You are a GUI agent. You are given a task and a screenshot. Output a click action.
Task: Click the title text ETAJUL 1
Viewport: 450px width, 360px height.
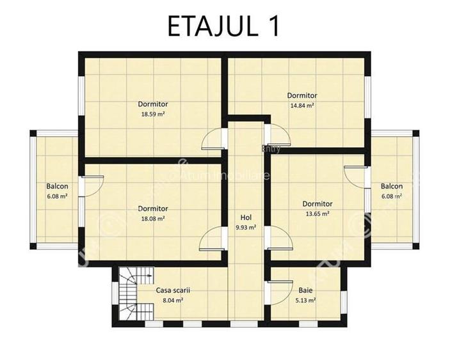pyautogui.click(x=223, y=26)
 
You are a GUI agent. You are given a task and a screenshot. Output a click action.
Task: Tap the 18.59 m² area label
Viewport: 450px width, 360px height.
pyautogui.click(x=153, y=114)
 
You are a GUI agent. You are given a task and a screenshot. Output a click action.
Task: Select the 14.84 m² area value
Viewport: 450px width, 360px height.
pyautogui.click(x=301, y=106)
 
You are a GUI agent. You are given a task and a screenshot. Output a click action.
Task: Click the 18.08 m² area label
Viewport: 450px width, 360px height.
pyautogui.click(x=153, y=218)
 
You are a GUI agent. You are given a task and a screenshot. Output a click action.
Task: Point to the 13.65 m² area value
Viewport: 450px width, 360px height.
pyautogui.click(x=317, y=214)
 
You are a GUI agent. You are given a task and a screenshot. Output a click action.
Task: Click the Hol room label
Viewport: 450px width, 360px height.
pyautogui.click(x=246, y=217)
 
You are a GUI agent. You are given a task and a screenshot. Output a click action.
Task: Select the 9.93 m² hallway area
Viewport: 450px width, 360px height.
pyautogui.click(x=246, y=227)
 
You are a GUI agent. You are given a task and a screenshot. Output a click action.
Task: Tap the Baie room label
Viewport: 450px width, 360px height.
pyautogui.click(x=305, y=290)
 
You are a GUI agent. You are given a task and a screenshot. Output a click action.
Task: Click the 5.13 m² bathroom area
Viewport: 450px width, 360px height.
pyautogui.click(x=305, y=299)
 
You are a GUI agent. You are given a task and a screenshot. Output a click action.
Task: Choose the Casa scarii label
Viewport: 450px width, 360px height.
pyautogui.click(x=173, y=290)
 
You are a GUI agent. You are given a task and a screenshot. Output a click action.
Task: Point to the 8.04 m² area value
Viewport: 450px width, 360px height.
pyautogui.click(x=173, y=299)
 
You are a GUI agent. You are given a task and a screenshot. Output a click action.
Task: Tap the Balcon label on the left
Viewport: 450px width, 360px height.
pyautogui.click(x=57, y=187)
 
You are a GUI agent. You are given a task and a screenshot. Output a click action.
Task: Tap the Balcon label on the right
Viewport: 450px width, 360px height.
pyautogui.click(x=391, y=187)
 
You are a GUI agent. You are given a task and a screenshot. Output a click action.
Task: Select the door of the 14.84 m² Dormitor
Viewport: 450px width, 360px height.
pyautogui.click(x=277, y=136)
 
